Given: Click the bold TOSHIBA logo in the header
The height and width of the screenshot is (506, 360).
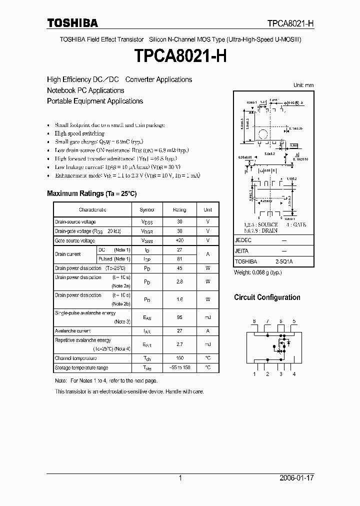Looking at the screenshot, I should tap(72, 23).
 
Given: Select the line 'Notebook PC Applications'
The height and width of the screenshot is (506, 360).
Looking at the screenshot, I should tap(85, 90).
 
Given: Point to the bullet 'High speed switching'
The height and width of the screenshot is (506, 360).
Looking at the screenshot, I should tap(79, 133).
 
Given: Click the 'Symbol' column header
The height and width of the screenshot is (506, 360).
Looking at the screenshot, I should tap(147, 210).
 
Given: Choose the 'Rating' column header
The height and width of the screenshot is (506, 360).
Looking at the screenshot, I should tap(179, 210).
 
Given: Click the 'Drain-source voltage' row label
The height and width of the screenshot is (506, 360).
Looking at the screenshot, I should tap(75, 221).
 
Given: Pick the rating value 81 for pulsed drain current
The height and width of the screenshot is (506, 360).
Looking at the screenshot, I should tap(179, 259).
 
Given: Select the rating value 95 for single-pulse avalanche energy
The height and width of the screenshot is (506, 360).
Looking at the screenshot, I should tap(179, 317).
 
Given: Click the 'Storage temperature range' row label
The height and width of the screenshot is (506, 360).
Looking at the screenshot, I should tap(81, 368).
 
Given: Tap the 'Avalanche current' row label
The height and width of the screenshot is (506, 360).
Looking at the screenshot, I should tap(73, 331).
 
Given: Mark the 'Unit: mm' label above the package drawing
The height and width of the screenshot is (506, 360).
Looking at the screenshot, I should tap(303, 85).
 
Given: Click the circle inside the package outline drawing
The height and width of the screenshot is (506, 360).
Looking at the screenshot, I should tap(262, 133).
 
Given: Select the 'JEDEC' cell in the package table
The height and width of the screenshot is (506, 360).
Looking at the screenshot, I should tap(242, 240).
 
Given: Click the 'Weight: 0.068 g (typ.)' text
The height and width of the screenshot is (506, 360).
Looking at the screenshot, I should tap(258, 273).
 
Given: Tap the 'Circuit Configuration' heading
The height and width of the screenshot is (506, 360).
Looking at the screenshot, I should tap(267, 297).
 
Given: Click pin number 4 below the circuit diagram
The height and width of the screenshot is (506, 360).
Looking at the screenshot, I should tap(294, 374).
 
